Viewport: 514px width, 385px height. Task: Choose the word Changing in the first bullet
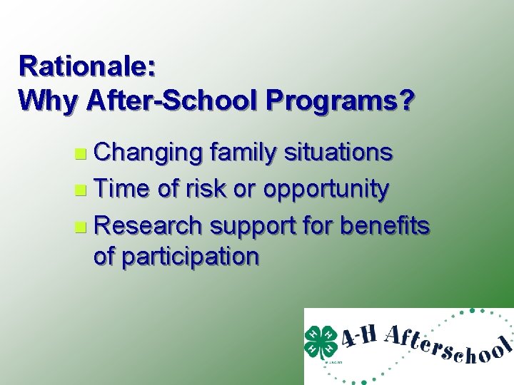pos(149,153)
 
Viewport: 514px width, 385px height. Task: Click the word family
pos(243,153)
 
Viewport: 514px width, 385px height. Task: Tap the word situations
pos(338,153)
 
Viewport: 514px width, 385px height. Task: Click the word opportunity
pos(326,190)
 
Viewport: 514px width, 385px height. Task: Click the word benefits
pos(385,226)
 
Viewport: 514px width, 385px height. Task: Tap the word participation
pos(176,256)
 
